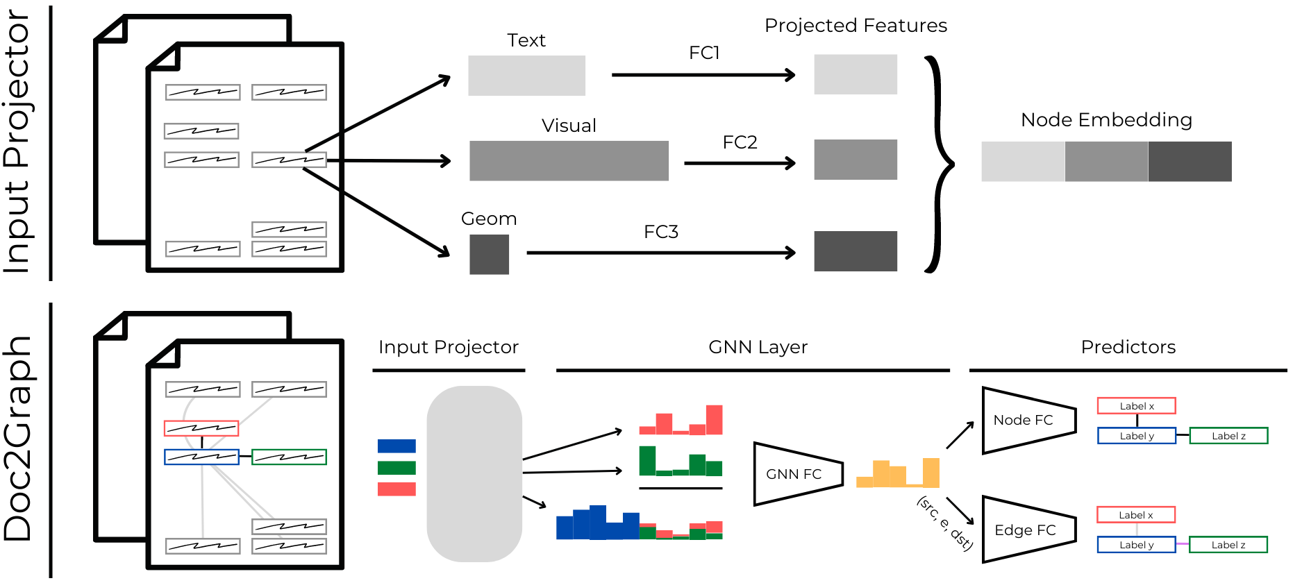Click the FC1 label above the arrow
pyautogui.click(x=704, y=53)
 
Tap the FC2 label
pyautogui.click(x=740, y=142)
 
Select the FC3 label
pyautogui.click(x=660, y=232)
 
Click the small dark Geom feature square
pyautogui.click(x=489, y=254)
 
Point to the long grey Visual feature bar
pyautogui.click(x=569, y=161)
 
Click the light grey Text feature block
pyautogui.click(x=526, y=76)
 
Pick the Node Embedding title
pyautogui.click(x=1106, y=120)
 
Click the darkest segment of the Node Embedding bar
pyautogui.click(x=1190, y=162)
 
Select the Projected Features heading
pyautogui.click(x=856, y=26)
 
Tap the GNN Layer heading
pyautogui.click(x=758, y=347)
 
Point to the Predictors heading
pyautogui.click(x=1128, y=347)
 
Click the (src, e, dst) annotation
pyautogui.click(x=945, y=523)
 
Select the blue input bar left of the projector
pyautogui.click(x=397, y=446)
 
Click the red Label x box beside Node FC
pyautogui.click(x=1136, y=406)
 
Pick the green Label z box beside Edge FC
pyautogui.click(x=1228, y=545)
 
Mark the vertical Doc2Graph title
pyautogui.click(x=18, y=439)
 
